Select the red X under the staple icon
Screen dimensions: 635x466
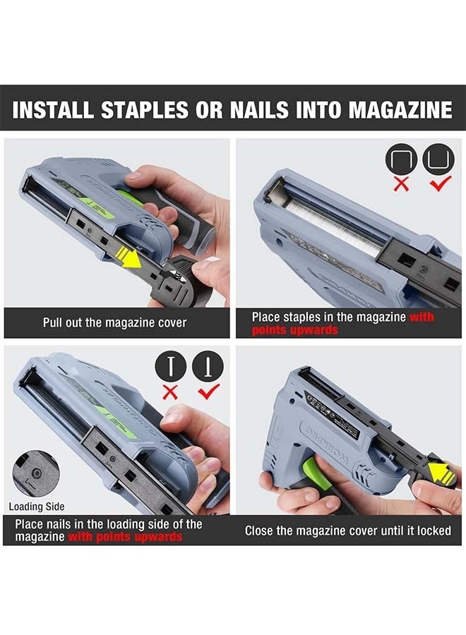click(x=401, y=184)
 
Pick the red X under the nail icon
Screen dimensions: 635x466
click(x=170, y=392)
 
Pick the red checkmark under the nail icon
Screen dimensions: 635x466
click(x=208, y=391)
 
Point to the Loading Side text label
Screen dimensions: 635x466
click(x=36, y=506)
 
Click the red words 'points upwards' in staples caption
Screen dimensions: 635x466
click(x=294, y=330)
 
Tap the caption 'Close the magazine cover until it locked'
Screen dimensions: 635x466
click(x=347, y=531)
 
